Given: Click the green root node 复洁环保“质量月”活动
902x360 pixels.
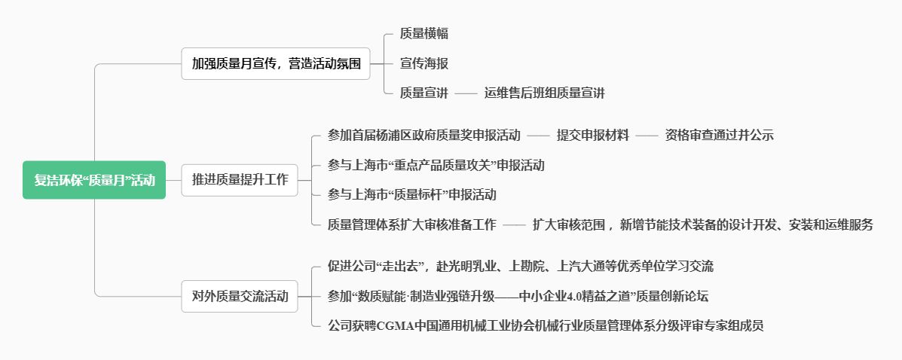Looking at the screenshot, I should tap(94, 180).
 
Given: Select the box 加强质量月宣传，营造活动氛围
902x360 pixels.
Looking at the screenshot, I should tap(276, 65).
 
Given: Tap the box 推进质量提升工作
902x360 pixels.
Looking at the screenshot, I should tap(240, 180).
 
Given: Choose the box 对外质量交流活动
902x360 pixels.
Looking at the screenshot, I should tap(240, 296).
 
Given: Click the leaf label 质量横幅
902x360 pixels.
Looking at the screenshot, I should tap(424, 34).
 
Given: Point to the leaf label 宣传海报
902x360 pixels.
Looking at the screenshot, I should tap(424, 63).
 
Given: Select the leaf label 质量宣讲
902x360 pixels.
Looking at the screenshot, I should tap(424, 93).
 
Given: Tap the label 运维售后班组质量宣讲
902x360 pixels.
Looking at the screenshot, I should tap(545, 93).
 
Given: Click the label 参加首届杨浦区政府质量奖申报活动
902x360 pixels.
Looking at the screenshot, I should tap(424, 136).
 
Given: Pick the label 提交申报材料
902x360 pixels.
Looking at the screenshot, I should tap(593, 136).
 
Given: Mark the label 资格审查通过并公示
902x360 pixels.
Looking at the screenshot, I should tap(720, 136).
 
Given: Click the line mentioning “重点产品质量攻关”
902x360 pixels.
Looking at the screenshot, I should tap(436, 165).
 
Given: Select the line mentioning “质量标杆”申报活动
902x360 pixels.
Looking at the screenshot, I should tap(412, 194).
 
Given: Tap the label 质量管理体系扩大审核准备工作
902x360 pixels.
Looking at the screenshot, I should tap(412, 224).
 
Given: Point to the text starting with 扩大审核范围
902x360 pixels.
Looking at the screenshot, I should tap(702, 224).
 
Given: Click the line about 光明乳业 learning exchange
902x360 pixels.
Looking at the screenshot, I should tap(521, 267).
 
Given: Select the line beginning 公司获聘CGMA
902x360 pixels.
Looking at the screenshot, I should tap(546, 326).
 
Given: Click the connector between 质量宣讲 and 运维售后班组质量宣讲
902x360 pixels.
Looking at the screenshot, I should tap(466, 93).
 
